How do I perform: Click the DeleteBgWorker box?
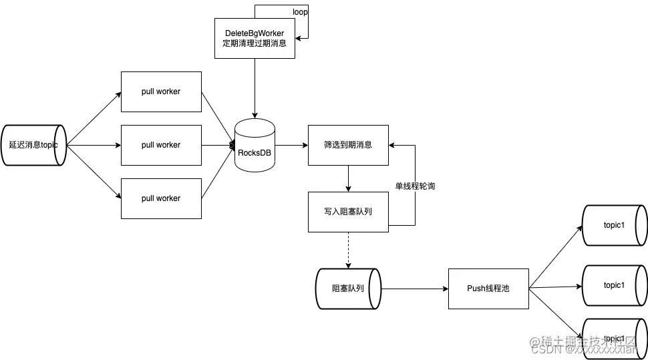point(255,38)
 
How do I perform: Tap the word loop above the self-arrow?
point(301,12)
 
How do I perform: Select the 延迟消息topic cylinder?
point(34,144)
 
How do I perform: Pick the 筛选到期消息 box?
point(348,145)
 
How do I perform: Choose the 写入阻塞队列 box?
point(348,212)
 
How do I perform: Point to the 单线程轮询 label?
point(415,186)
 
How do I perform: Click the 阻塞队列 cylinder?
point(347,289)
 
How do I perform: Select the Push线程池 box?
point(488,289)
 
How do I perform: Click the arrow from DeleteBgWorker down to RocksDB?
point(255,87)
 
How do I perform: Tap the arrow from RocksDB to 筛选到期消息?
point(291,145)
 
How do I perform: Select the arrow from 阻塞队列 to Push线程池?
point(414,289)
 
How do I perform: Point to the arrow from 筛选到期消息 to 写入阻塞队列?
point(348,178)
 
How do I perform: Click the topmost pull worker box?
point(161,92)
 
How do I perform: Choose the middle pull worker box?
point(161,145)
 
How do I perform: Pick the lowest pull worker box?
point(161,198)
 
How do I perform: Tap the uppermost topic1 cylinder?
point(614,225)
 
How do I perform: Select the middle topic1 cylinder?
point(614,285)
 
